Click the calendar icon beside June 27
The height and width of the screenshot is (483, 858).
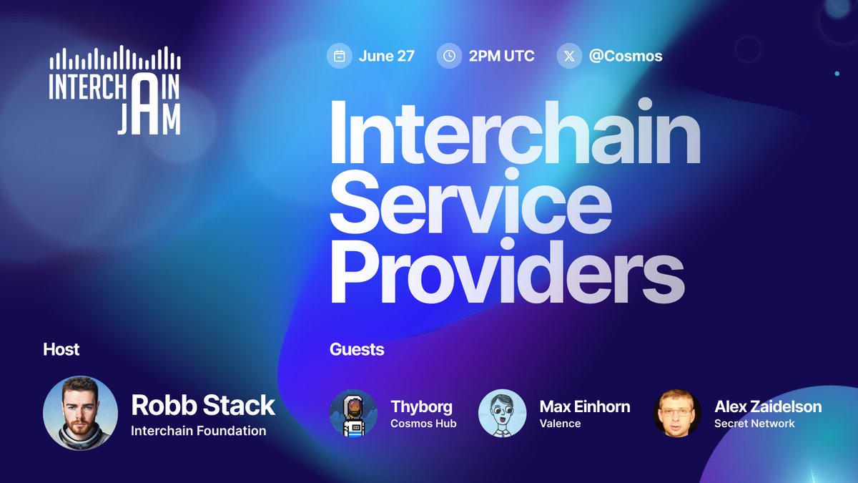click(340, 56)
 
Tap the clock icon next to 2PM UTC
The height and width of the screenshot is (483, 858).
click(449, 56)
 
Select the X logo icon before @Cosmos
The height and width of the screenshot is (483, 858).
click(569, 56)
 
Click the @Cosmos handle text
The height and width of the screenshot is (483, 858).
click(626, 56)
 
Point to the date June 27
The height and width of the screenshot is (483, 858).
click(386, 56)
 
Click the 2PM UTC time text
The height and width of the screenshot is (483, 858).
click(501, 56)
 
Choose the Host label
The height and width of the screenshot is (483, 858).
click(61, 350)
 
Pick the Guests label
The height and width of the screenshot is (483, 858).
click(357, 350)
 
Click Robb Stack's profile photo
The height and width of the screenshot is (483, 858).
click(80, 414)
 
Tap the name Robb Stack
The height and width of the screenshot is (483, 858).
click(203, 405)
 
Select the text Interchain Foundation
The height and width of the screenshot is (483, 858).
click(198, 431)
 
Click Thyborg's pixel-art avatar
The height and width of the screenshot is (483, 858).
click(353, 413)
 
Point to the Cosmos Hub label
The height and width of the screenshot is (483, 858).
click(423, 424)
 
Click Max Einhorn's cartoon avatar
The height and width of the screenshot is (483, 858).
click(502, 413)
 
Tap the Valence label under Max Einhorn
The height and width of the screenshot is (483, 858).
click(560, 424)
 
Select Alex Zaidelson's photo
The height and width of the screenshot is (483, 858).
click(676, 413)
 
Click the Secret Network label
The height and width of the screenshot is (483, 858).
click(754, 424)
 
